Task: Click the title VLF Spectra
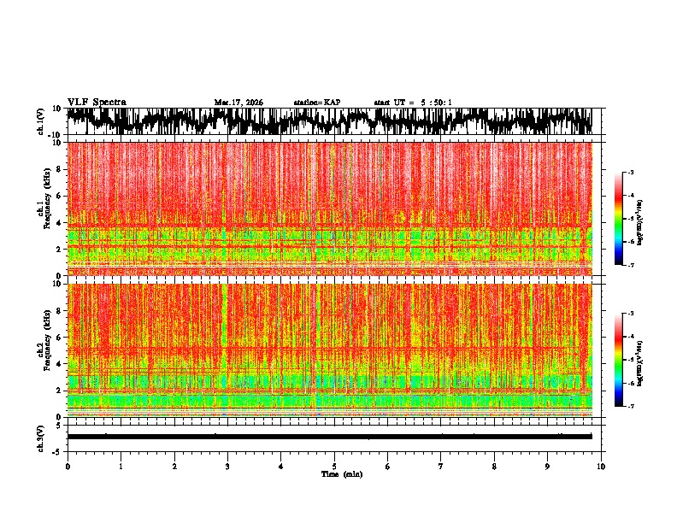point(97,102)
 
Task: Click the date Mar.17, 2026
point(238,103)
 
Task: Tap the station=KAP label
point(317,103)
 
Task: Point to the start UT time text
point(413,103)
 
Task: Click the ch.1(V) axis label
point(41,121)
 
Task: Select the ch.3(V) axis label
point(41,436)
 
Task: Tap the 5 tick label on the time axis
point(334,466)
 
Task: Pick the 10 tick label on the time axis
point(601,466)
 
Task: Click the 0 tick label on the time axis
point(68,466)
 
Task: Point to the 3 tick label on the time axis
point(227,466)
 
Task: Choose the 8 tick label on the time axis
point(494,466)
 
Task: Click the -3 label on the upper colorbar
point(632,173)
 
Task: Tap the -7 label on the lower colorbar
point(632,407)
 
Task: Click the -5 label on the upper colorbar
point(632,219)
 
